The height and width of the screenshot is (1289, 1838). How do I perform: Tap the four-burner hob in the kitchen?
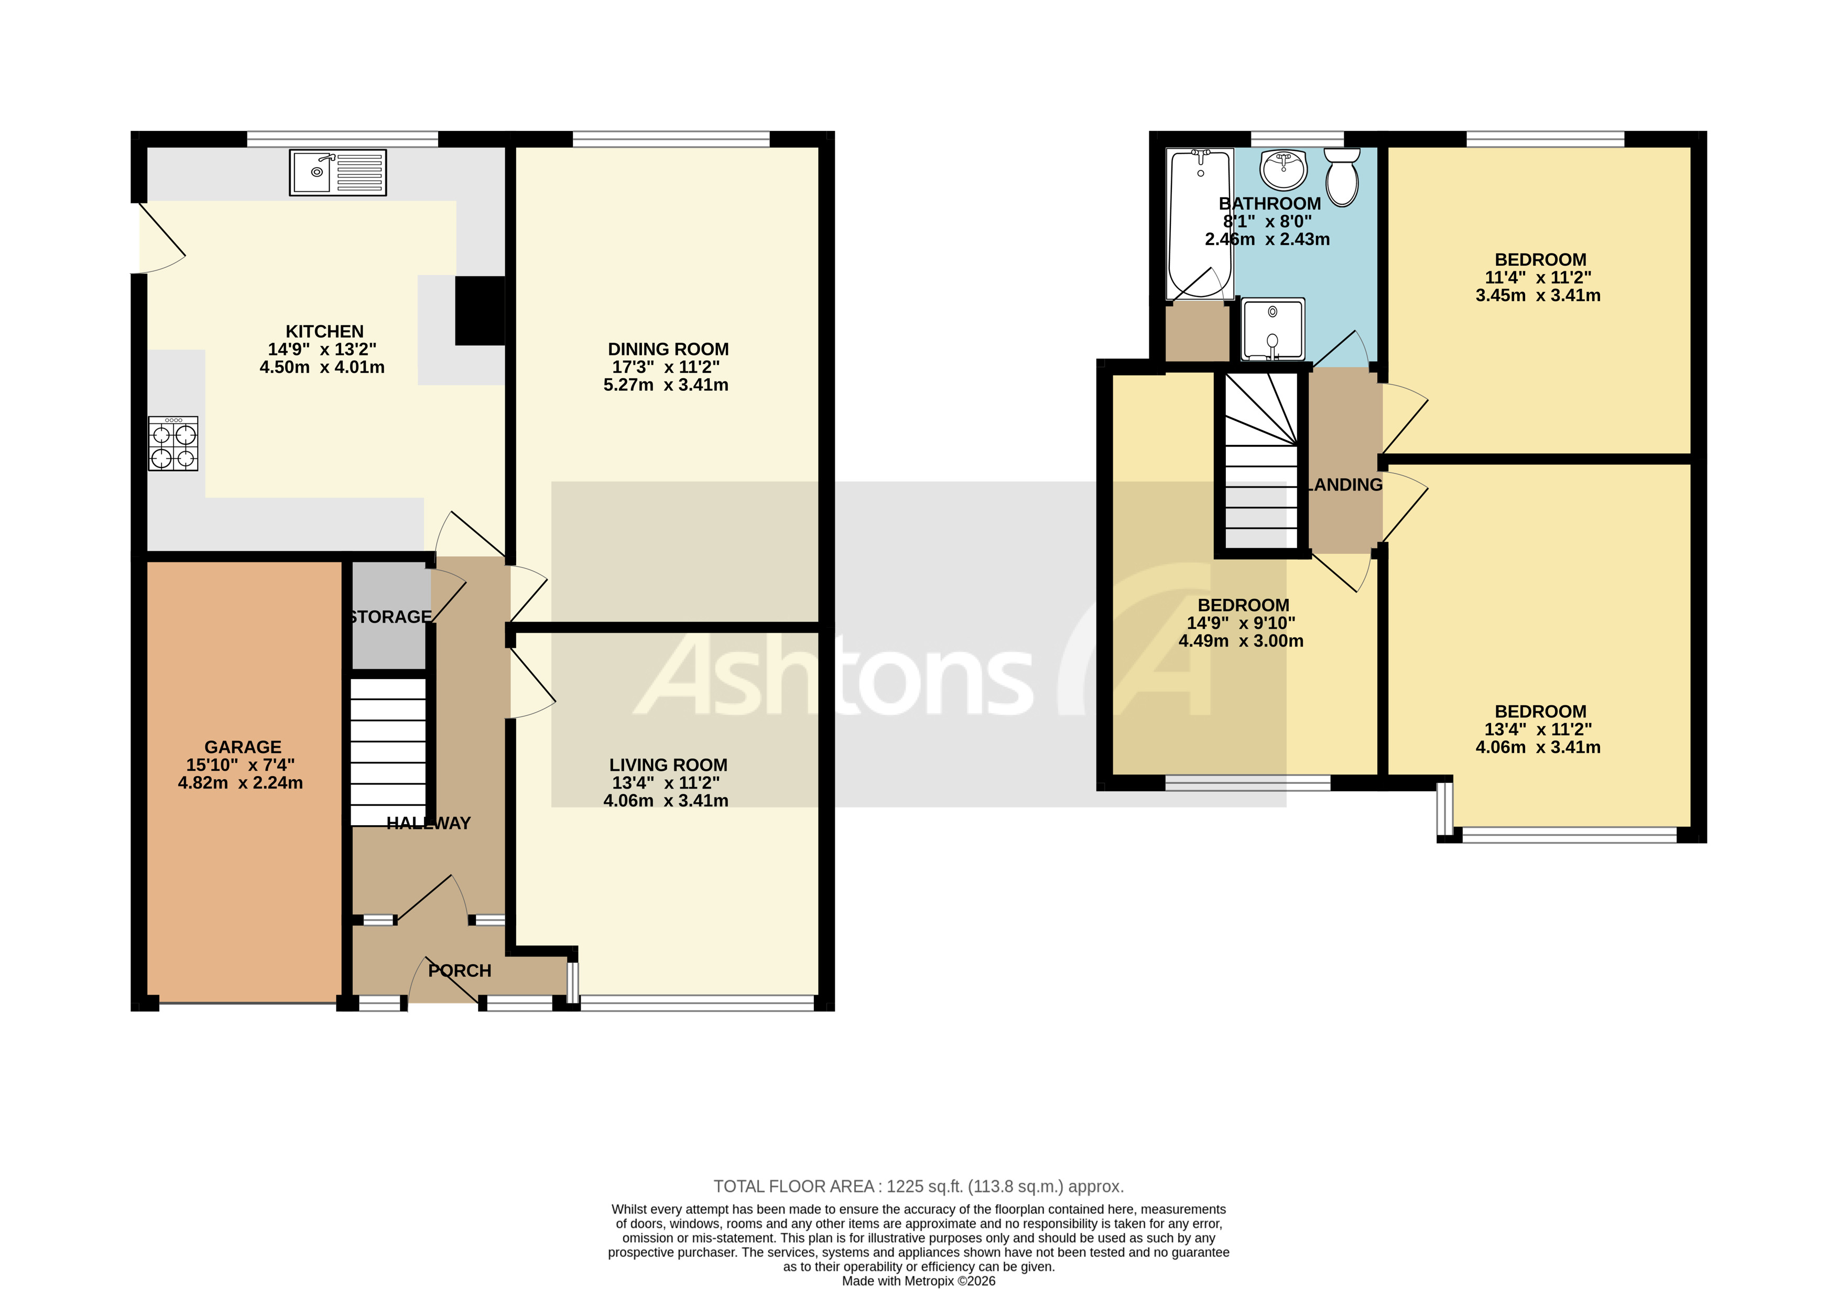point(173,443)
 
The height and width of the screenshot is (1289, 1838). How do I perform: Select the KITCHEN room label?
point(324,331)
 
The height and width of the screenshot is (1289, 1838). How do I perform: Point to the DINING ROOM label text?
point(668,349)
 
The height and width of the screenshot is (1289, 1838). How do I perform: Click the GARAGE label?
point(243,747)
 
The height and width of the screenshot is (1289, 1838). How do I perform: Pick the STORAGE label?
point(390,617)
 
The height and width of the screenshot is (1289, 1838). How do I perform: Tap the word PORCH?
point(460,970)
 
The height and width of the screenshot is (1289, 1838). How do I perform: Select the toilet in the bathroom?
point(1342,177)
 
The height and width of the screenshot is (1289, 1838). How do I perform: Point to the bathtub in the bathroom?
point(1199,224)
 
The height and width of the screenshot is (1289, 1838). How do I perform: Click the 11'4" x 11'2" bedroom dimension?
point(1537,278)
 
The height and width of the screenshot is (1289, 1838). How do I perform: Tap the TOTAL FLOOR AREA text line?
point(918,1187)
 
